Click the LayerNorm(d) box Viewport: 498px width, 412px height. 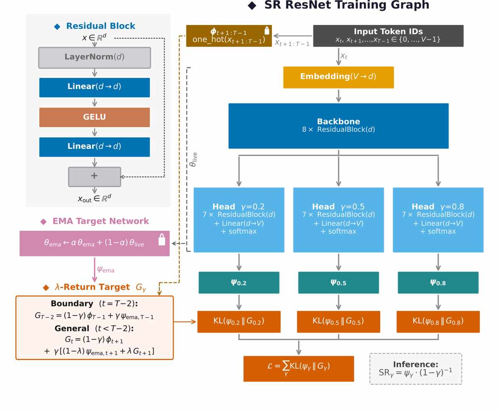(x=95, y=58)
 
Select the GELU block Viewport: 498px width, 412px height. (x=95, y=117)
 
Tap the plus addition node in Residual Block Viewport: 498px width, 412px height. (x=95, y=177)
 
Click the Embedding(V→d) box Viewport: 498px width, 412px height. (x=338, y=77)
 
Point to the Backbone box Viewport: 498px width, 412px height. (x=338, y=126)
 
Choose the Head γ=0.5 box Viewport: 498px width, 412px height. (x=338, y=220)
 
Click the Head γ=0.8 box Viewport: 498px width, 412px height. (x=438, y=220)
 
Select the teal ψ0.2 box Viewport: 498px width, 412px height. (x=239, y=282)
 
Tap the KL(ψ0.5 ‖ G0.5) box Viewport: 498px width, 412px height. (x=338, y=321)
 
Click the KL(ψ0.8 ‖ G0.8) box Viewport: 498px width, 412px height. (x=438, y=321)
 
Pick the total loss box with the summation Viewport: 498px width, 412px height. (x=299, y=368)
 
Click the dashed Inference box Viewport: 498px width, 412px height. (x=415, y=368)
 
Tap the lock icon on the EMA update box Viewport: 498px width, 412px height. (x=162, y=239)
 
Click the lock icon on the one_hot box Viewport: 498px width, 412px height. (x=267, y=31)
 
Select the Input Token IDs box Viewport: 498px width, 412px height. (x=388, y=36)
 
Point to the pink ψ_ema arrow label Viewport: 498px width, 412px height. (x=106, y=270)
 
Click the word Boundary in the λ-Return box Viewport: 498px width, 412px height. (x=72, y=303)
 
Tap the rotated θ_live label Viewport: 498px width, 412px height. (x=193, y=159)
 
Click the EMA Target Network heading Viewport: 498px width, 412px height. (x=100, y=221)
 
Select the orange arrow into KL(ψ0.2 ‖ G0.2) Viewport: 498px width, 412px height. (x=185, y=322)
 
